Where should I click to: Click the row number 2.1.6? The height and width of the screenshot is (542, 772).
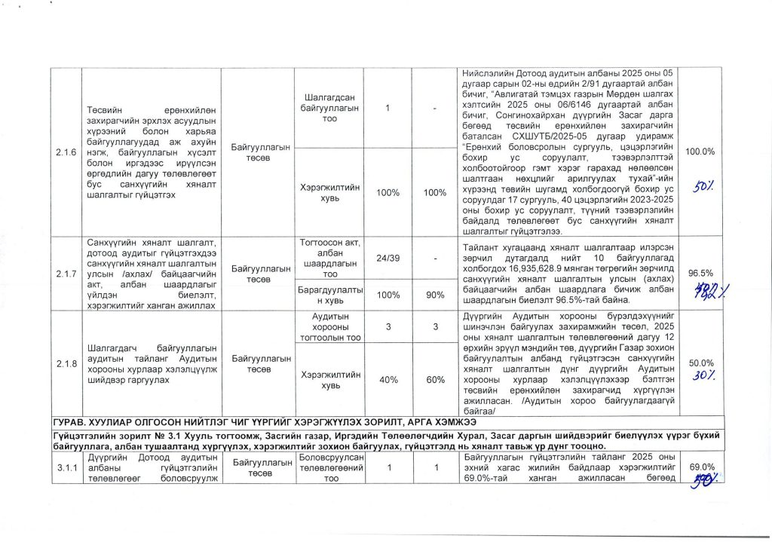pyautogui.click(x=66, y=152)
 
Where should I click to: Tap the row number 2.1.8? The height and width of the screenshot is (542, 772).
pyautogui.click(x=66, y=364)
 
